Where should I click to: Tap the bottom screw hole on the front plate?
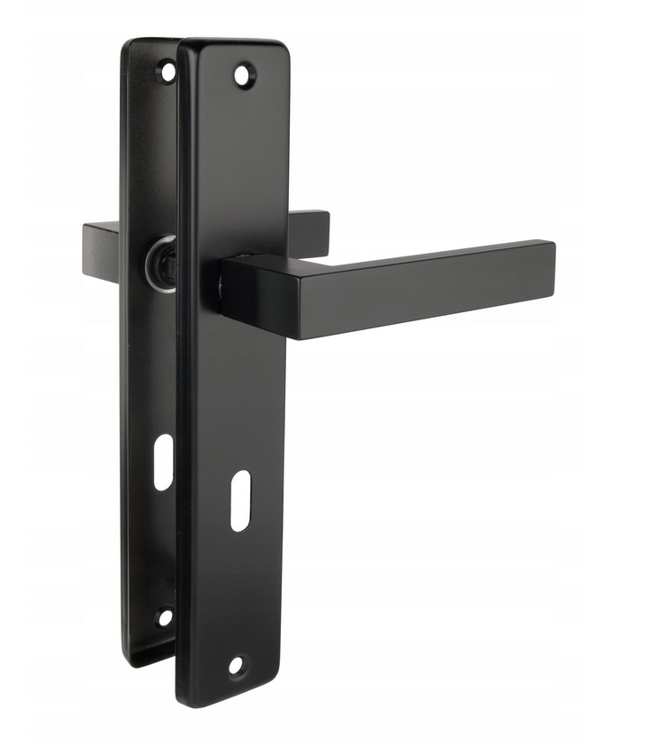tap(236, 666)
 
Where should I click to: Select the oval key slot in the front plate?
tap(239, 499)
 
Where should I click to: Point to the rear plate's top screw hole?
tap(166, 70)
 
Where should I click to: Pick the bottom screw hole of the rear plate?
tap(164, 617)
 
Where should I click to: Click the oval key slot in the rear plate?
tap(163, 462)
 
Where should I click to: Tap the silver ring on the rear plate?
tap(160, 261)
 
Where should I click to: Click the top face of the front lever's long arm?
tap(405, 254)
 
